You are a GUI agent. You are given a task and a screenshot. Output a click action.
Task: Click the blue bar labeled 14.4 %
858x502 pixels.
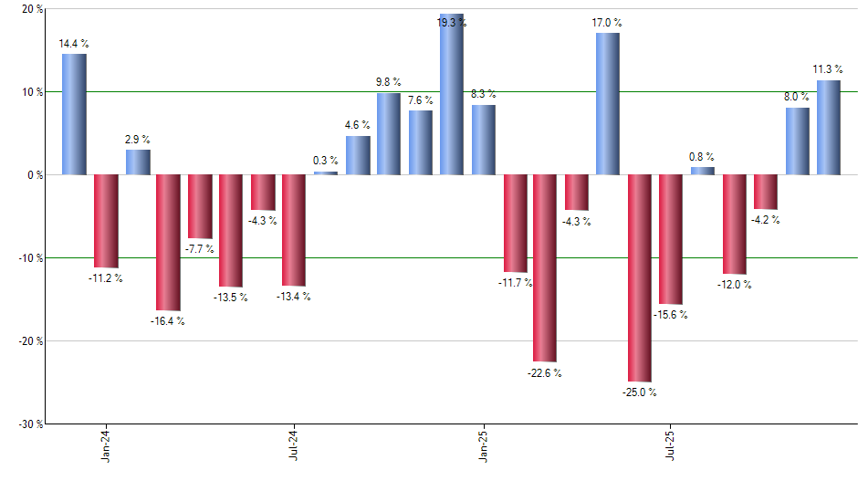pos(74,114)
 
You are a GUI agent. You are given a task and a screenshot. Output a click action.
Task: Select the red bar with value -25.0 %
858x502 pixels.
pos(640,277)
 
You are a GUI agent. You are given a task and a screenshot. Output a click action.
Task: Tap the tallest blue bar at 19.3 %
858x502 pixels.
pos(452,95)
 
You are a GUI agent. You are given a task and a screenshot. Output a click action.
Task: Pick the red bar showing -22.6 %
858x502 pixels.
pos(545,267)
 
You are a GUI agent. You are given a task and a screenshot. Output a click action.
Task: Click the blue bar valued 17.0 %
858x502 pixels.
pos(608,103)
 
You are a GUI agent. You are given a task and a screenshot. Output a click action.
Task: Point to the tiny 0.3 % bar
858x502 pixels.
pos(326,173)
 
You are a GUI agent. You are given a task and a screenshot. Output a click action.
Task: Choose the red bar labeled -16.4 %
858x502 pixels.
pos(168,242)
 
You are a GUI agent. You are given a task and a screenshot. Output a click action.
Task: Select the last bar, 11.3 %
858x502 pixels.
pos(828,127)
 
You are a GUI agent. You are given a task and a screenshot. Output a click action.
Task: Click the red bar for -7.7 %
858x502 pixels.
pos(200,206)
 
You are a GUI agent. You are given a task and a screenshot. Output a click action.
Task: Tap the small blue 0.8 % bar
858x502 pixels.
pos(702,171)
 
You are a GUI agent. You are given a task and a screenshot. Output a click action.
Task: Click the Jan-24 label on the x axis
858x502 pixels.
pos(106,444)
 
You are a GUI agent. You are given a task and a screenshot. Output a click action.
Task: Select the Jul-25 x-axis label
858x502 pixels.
pos(671,444)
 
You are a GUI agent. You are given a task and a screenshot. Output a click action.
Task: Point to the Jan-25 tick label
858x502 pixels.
pos(483,444)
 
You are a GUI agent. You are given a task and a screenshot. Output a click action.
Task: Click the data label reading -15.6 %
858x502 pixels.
pos(671,315)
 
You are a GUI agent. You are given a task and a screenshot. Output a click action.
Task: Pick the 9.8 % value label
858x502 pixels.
pos(389,82)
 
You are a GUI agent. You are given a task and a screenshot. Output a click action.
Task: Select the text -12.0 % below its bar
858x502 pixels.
pos(734,285)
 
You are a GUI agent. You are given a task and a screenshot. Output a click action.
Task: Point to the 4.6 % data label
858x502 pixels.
pos(358,125)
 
